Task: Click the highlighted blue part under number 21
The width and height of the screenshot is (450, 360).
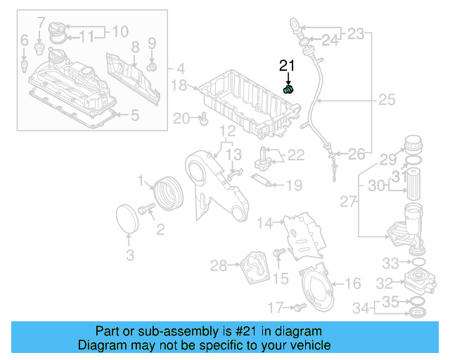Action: click(x=288, y=89)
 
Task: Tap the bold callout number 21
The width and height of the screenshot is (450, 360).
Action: click(x=287, y=67)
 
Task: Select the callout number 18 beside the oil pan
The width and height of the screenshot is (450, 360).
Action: click(x=179, y=86)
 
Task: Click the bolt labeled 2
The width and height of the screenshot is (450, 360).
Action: click(x=147, y=209)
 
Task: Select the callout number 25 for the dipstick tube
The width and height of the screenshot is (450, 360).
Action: click(x=387, y=101)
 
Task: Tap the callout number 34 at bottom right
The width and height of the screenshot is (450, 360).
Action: click(x=361, y=307)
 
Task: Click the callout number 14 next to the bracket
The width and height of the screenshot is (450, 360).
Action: click(x=264, y=224)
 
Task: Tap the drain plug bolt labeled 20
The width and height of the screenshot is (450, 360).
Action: click(x=203, y=120)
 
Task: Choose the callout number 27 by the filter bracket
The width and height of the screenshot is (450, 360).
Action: click(x=347, y=202)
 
